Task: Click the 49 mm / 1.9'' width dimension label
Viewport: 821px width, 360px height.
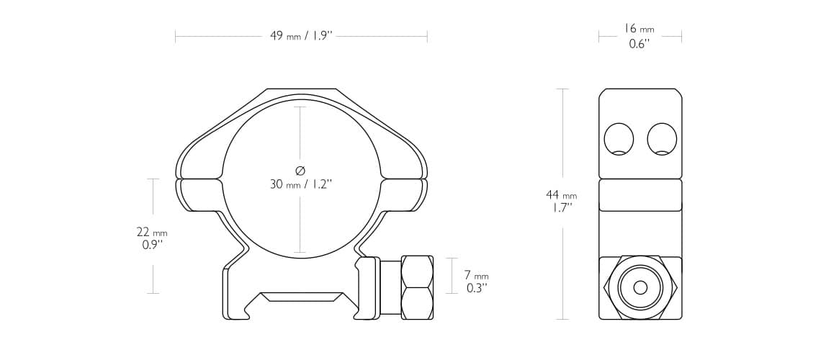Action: pyautogui.click(x=301, y=36)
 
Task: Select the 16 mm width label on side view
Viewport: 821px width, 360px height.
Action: pyautogui.click(x=639, y=29)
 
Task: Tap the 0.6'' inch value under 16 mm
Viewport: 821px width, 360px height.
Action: pyautogui.click(x=639, y=44)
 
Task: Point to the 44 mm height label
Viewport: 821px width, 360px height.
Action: pyautogui.click(x=561, y=195)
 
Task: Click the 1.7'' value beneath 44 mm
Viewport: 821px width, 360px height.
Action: pyautogui.click(x=562, y=208)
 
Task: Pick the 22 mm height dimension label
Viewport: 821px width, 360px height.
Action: pyautogui.click(x=152, y=232)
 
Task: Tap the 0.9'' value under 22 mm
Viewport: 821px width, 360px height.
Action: pyautogui.click(x=152, y=245)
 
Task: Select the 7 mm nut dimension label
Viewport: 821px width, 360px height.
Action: pyautogui.click(x=476, y=275)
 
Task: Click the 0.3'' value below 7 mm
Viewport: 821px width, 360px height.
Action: pyautogui.click(x=476, y=288)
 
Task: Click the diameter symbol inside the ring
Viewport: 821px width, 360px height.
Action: pyautogui.click(x=300, y=170)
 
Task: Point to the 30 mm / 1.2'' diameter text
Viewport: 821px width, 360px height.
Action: pyautogui.click(x=300, y=184)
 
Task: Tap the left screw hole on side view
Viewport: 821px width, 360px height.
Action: pyautogui.click(x=619, y=139)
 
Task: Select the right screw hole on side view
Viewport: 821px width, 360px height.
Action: pyautogui.click(x=662, y=139)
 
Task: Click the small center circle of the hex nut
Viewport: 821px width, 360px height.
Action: pyautogui.click(x=640, y=287)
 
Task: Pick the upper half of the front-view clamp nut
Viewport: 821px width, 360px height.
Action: pyautogui.click(x=417, y=271)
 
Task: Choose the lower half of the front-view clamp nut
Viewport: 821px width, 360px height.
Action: pyautogui.click(x=417, y=303)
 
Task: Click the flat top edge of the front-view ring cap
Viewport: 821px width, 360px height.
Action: pyautogui.click(x=301, y=90)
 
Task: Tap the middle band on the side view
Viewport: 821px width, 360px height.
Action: pyautogui.click(x=640, y=195)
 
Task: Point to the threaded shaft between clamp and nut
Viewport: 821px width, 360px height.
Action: pyautogui.click(x=390, y=287)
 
